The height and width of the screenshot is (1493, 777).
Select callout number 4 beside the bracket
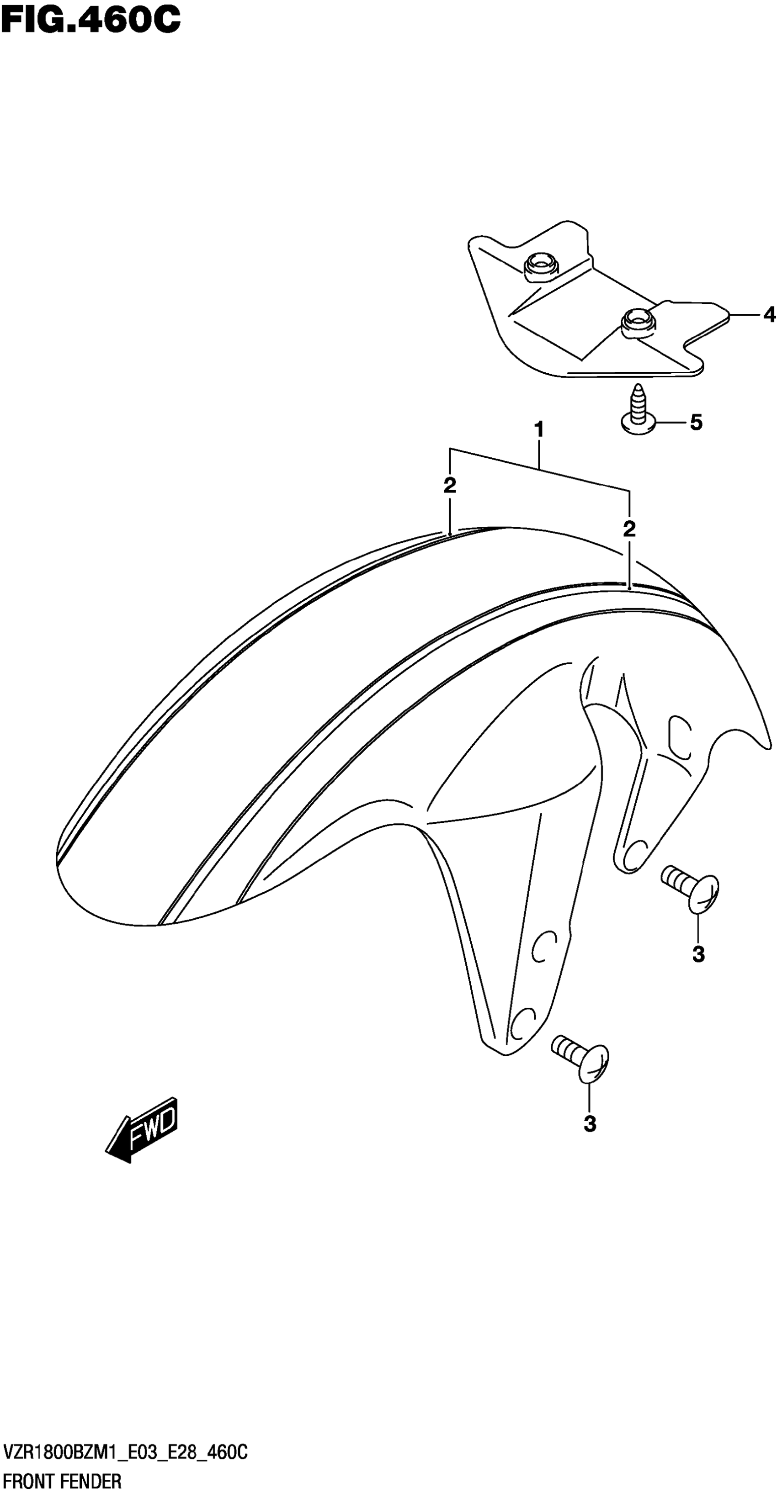point(769,314)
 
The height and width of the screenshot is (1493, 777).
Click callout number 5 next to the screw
point(696,423)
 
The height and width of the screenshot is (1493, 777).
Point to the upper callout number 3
point(698,953)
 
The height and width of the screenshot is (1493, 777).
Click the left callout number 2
point(449,486)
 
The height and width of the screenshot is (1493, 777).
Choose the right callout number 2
point(629,528)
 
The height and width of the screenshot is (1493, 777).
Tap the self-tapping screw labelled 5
point(639,410)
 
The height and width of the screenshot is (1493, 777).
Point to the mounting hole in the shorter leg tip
point(635,851)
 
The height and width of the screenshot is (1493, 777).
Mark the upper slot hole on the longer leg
point(544,947)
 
